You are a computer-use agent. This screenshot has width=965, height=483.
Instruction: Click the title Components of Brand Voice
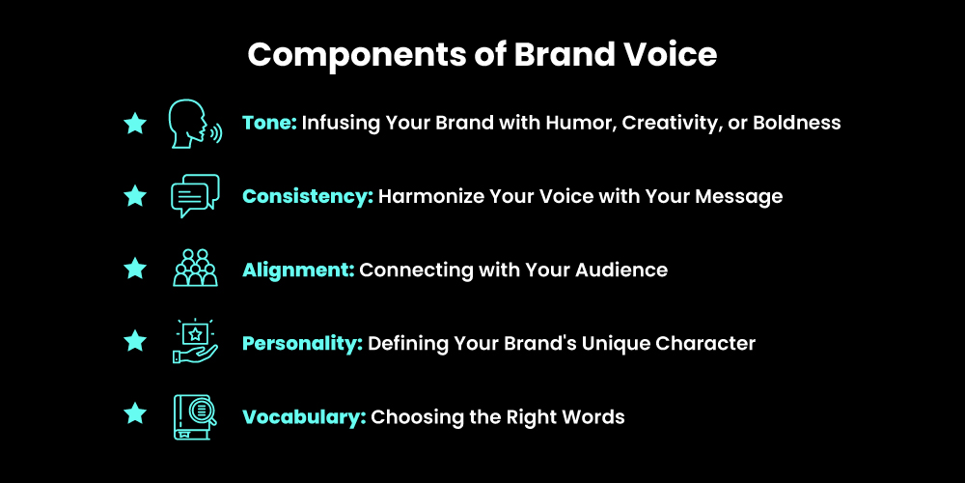[x=482, y=54]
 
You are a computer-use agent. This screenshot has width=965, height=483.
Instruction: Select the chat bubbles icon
[x=194, y=196]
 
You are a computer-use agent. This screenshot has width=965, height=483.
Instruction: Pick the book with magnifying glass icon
[x=195, y=416]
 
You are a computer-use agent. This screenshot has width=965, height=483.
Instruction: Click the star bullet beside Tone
[x=135, y=123]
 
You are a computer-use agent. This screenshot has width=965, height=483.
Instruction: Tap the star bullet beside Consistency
[x=135, y=196]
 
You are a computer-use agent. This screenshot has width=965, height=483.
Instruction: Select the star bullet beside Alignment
[x=135, y=270]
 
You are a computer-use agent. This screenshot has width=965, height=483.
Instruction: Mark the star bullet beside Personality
[x=135, y=343]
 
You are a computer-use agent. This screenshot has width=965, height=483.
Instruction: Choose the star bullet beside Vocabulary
[x=135, y=416]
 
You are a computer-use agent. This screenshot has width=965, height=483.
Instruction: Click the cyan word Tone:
[x=269, y=124]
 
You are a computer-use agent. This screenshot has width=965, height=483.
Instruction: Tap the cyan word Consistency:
[x=307, y=197]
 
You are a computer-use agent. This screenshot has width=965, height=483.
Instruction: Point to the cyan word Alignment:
[x=297, y=270]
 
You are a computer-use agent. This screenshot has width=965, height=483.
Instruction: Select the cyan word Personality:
[x=302, y=344]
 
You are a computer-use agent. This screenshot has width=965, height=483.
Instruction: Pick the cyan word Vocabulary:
[x=303, y=417]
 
